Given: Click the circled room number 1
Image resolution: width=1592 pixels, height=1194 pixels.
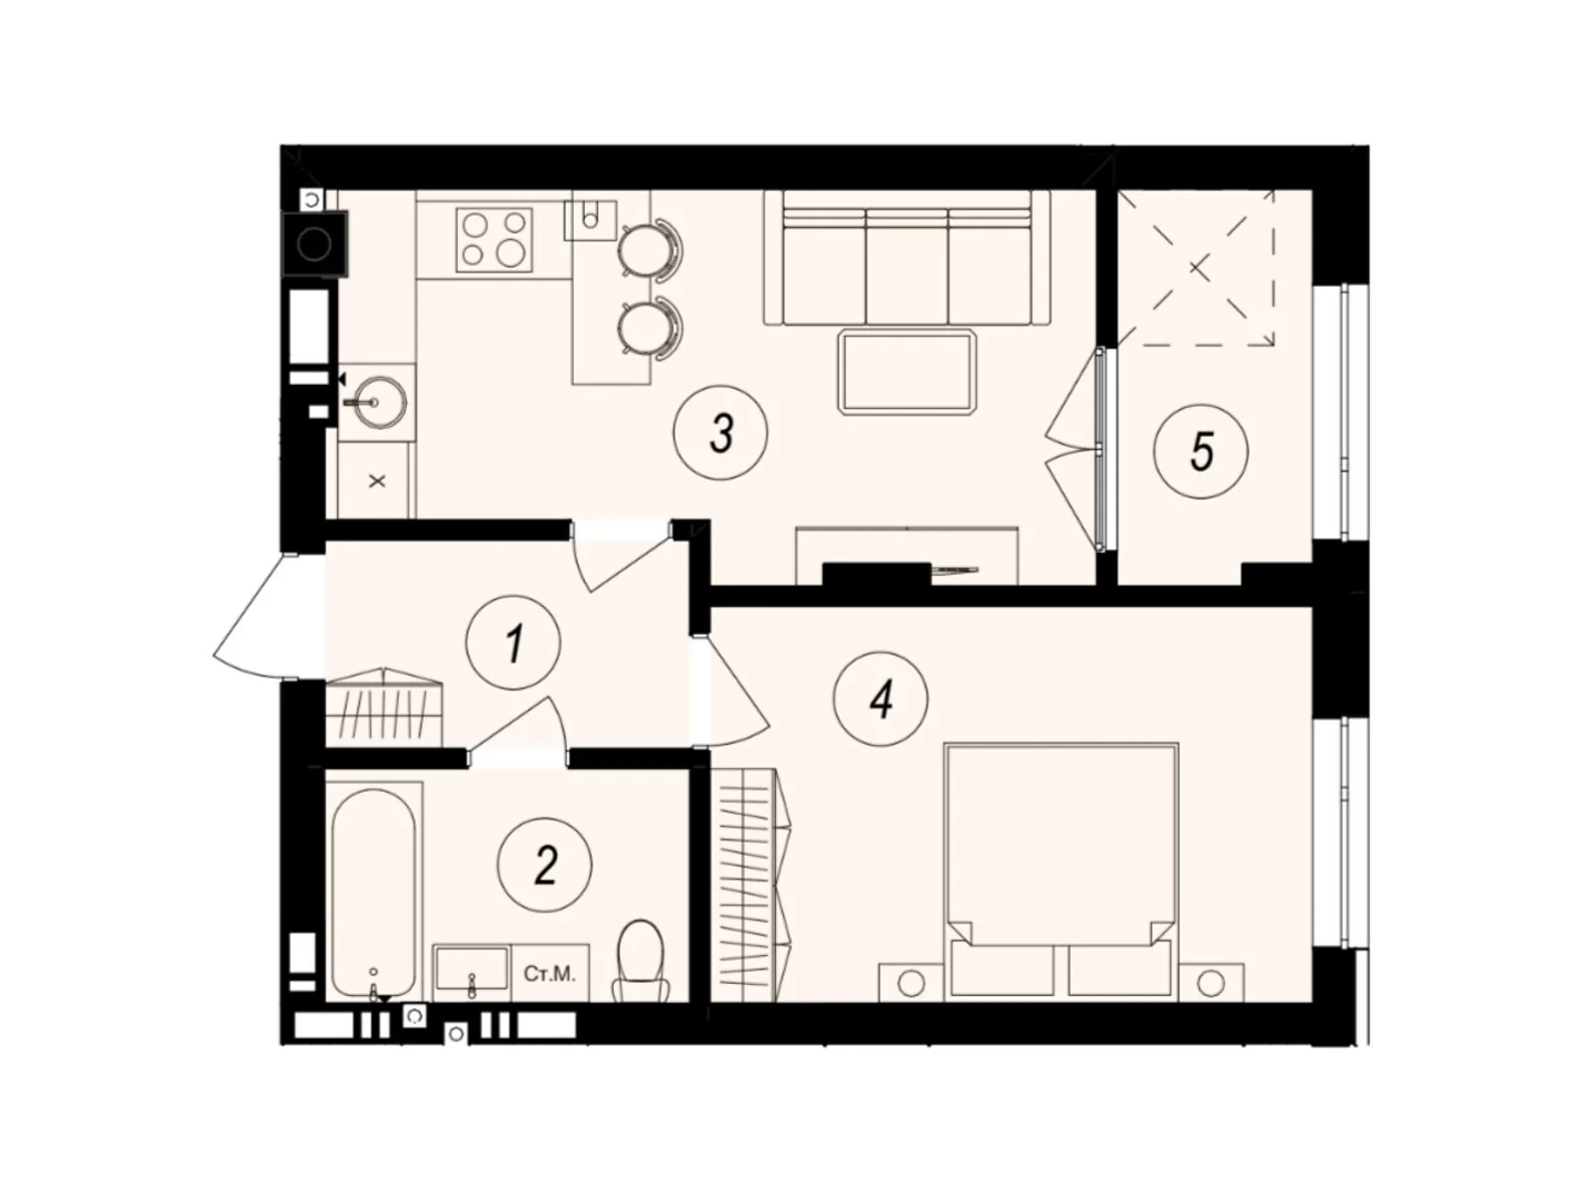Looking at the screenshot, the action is pyautogui.click(x=513, y=642).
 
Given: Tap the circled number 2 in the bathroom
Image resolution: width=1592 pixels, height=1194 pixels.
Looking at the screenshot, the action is pyautogui.click(x=544, y=865).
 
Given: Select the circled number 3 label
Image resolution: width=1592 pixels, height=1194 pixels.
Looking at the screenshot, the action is pyautogui.click(x=720, y=432).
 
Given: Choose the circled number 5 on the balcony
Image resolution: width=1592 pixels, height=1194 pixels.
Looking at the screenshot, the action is pyautogui.click(x=1201, y=451).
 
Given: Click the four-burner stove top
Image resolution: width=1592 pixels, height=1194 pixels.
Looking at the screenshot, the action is pyautogui.click(x=494, y=240).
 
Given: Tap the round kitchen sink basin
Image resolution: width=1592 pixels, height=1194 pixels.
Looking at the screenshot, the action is pyautogui.click(x=379, y=401).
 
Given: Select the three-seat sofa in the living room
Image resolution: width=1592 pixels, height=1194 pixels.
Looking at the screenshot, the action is pyautogui.click(x=906, y=258).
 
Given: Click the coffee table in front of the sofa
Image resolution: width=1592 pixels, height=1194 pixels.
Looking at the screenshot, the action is pyautogui.click(x=906, y=371).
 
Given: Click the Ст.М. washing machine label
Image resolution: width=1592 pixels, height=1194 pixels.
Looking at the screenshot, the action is pyautogui.click(x=549, y=974).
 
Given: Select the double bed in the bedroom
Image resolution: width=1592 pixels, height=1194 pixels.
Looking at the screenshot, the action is pyautogui.click(x=1061, y=873).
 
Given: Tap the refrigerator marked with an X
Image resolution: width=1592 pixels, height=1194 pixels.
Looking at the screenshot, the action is pyautogui.click(x=376, y=481).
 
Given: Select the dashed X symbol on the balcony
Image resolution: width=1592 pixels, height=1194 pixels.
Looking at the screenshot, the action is pyautogui.click(x=1198, y=269).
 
